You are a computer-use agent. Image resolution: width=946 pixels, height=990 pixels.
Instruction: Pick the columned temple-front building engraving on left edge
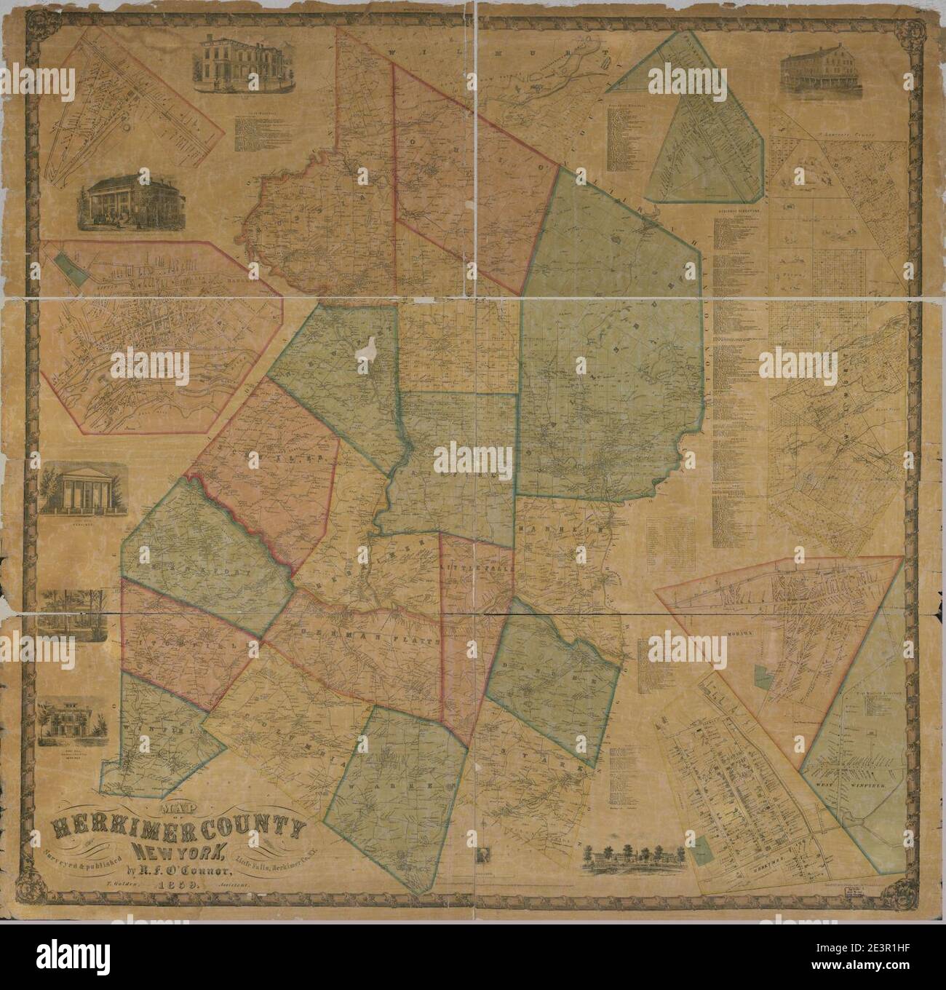click(73, 491)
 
